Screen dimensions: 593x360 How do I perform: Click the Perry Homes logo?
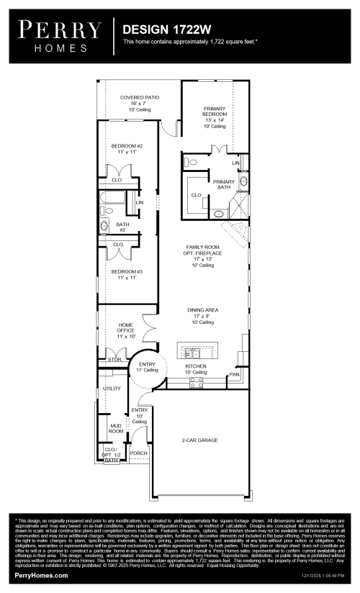(59, 35)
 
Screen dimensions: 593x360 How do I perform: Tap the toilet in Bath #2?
(104, 227)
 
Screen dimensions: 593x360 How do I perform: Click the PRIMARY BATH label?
(224, 185)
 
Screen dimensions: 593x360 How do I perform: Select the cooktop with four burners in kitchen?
(196, 383)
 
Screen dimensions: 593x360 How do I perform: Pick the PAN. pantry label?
(234, 374)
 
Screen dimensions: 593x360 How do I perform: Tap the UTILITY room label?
(112, 389)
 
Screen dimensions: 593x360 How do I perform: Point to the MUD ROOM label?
(106, 429)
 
